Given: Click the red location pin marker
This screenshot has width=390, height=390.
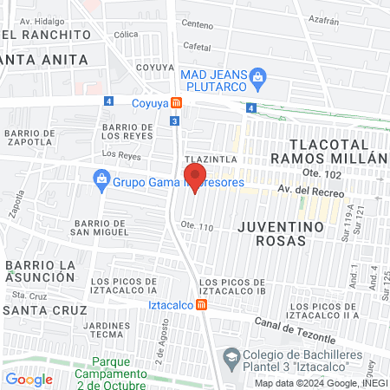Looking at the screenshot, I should click(x=193, y=178).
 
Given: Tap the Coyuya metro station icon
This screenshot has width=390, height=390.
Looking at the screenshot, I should click(x=176, y=102).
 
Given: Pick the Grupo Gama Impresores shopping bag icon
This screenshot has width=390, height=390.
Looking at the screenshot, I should click(x=101, y=179).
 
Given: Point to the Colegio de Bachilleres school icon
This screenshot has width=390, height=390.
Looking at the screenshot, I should click(x=231, y=357).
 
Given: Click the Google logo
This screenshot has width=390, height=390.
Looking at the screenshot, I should click(x=29, y=379).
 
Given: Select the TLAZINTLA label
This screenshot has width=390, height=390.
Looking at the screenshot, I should click(x=210, y=159).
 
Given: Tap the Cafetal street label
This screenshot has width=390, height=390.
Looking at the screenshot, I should click(x=198, y=46).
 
